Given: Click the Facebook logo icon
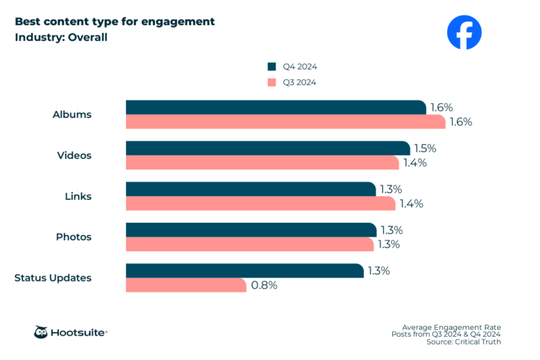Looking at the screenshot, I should pyautogui.click(x=465, y=32).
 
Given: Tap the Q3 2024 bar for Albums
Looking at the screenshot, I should pyautogui.click(x=285, y=122).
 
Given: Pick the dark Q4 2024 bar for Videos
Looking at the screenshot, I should pyautogui.click(x=268, y=148).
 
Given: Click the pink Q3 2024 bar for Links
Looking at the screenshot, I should pyautogui.click(x=260, y=203).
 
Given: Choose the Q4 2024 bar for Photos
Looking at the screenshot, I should pyautogui.click(x=251, y=230).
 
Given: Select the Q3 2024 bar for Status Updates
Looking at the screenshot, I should pyautogui.click(x=186, y=285).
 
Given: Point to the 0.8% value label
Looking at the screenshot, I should pyautogui.click(x=264, y=285).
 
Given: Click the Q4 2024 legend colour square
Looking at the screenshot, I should pyautogui.click(x=271, y=67).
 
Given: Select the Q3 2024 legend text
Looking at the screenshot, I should pyautogui.click(x=300, y=82).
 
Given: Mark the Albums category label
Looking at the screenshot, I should pyautogui.click(x=72, y=115).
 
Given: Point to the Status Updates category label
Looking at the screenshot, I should pyautogui.click(x=53, y=278).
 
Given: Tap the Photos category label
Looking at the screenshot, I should pyautogui.click(x=74, y=237).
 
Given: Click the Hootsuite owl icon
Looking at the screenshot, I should pyautogui.click(x=41, y=332).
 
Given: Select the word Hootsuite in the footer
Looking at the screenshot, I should pyautogui.click(x=79, y=333).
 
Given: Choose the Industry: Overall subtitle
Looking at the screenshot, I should pyautogui.click(x=61, y=37).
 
